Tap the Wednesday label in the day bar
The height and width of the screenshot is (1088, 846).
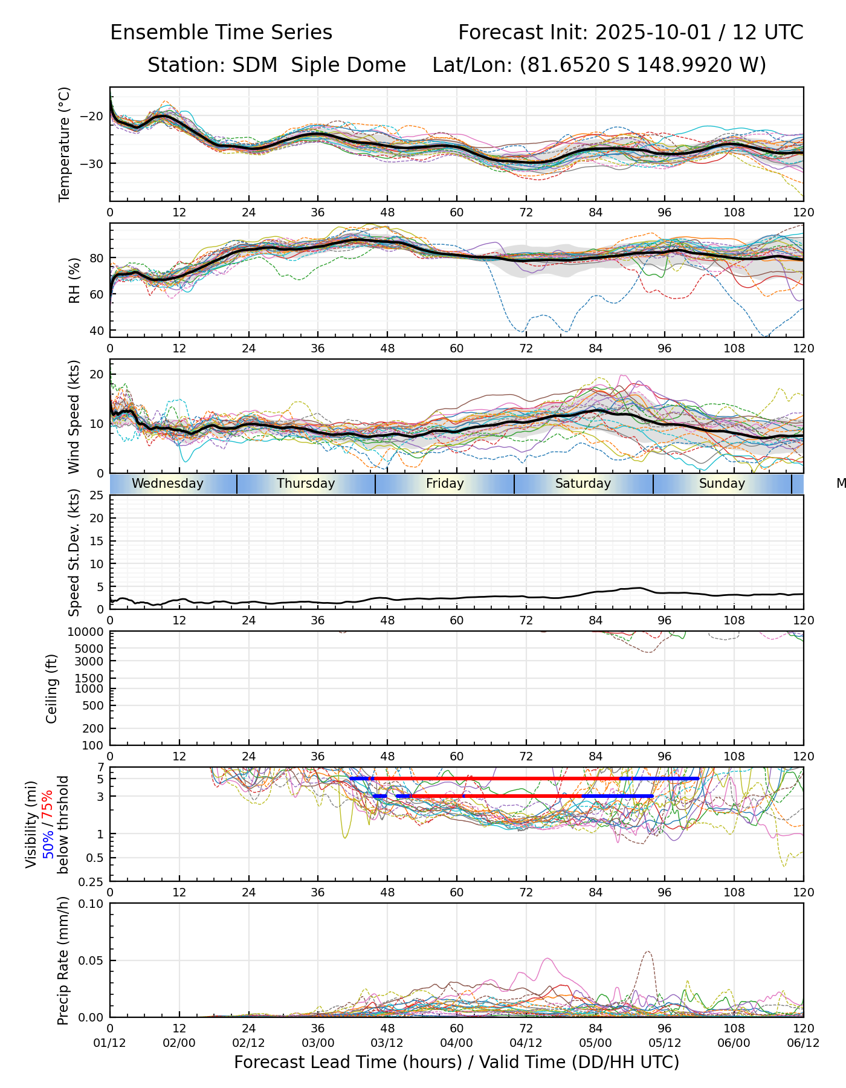point(167,484)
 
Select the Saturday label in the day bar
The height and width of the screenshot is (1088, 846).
point(583,484)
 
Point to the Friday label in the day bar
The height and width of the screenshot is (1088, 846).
point(445,484)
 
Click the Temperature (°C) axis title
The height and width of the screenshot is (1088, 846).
point(65,144)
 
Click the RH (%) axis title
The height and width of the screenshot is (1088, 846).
point(74,280)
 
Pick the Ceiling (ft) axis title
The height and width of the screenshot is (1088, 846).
point(52,688)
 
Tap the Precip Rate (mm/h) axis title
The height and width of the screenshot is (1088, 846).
point(63,960)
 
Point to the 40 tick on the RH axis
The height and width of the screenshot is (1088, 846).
point(97,331)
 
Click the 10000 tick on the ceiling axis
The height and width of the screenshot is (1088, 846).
point(88,632)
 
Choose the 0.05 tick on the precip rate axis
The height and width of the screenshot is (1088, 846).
point(91,960)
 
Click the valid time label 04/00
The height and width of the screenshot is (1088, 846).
point(456,1043)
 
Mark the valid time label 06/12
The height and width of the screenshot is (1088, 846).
point(803,1043)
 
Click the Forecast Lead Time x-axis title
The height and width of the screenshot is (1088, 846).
point(456,1062)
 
